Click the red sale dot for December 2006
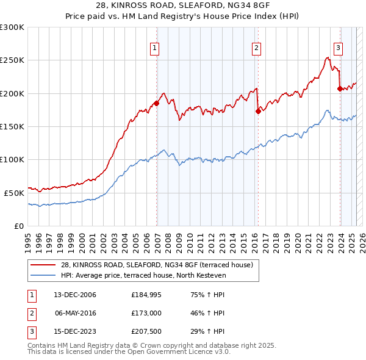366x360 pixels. point(157,104)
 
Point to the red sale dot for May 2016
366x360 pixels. point(258,111)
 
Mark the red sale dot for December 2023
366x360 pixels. point(340,88)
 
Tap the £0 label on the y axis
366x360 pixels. point(18,226)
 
